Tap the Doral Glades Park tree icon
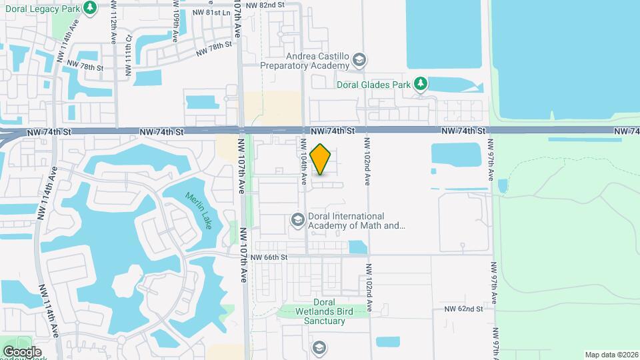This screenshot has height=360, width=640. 420,83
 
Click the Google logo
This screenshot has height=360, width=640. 22,351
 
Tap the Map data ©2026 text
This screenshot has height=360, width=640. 610,354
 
